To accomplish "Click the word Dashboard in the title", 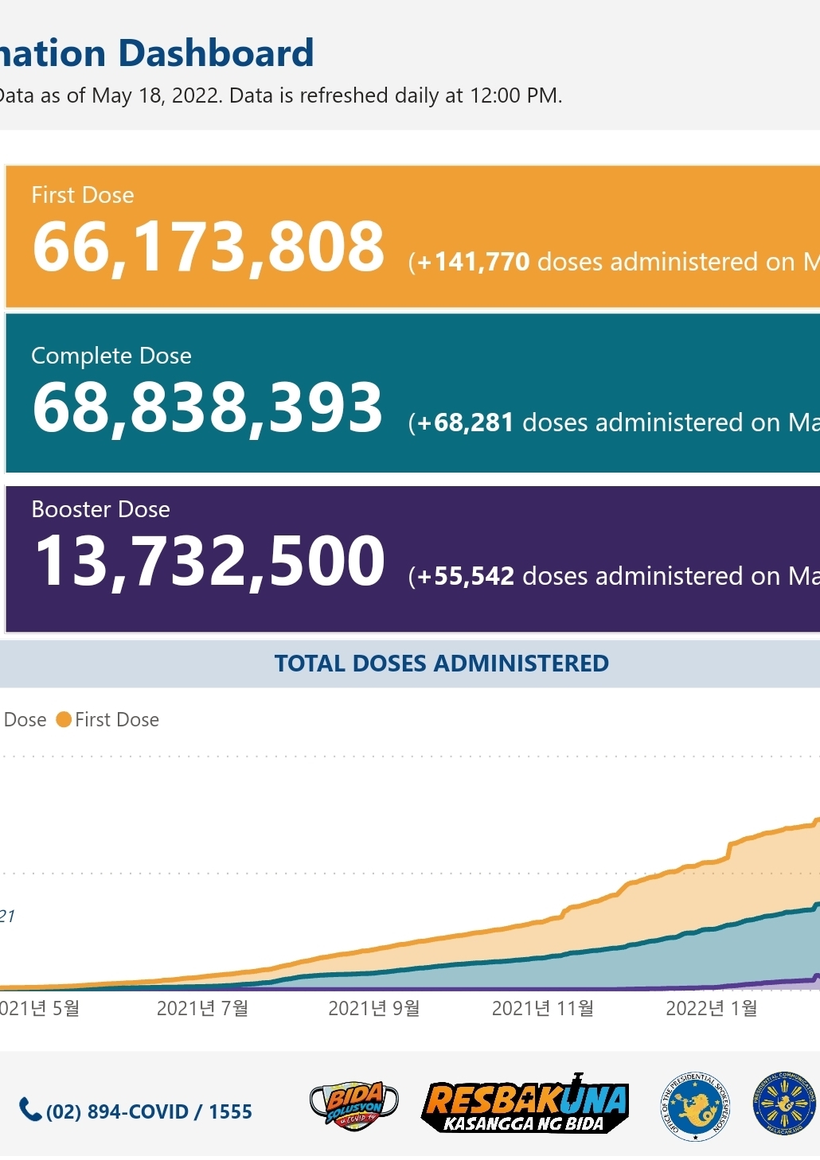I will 216,54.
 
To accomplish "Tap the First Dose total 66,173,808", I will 209,247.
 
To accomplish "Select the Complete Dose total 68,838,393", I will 208,407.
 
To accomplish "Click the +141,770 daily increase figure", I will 474,262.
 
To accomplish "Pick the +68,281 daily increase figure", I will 466,422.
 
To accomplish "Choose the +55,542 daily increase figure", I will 467,576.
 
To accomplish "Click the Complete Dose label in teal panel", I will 111,356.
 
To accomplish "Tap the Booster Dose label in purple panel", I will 100,509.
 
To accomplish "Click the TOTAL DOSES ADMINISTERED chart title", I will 441,664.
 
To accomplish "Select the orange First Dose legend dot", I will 64,720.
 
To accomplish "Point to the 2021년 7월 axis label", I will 202,1009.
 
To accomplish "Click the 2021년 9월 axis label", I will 373,1009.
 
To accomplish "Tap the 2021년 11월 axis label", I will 543,1009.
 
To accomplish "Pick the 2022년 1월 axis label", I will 711,1009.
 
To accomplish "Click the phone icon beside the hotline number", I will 30,1109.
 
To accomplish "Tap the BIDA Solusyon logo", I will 353,1105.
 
